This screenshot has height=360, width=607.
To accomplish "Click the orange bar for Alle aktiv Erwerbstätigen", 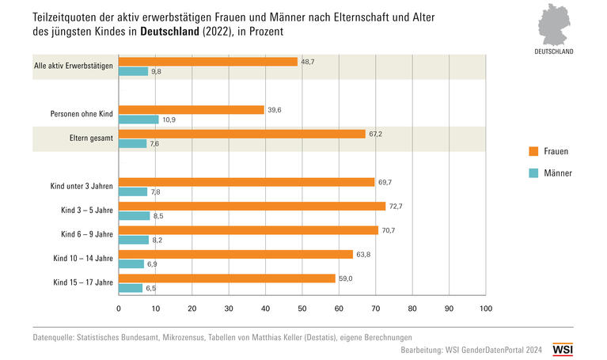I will [x=208, y=62].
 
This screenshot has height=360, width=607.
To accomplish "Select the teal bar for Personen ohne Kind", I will [x=138, y=119].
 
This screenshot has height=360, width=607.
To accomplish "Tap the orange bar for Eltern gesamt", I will [x=242, y=134].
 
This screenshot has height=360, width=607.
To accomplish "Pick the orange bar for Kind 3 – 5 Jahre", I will [x=252, y=206].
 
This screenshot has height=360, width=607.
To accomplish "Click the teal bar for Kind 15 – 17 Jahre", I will [x=131, y=288].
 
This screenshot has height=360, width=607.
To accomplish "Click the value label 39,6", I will [x=274, y=110].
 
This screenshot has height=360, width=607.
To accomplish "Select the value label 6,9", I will [x=154, y=263].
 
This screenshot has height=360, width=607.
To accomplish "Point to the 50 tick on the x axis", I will [x=302, y=309].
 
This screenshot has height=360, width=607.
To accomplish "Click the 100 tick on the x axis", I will [x=485, y=309].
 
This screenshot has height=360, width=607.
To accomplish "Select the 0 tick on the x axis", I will [x=119, y=309].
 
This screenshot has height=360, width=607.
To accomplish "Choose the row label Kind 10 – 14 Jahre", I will [x=83, y=259].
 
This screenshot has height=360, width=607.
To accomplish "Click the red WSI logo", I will [x=563, y=349].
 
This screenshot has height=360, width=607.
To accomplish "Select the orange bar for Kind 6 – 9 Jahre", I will [x=248, y=230].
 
